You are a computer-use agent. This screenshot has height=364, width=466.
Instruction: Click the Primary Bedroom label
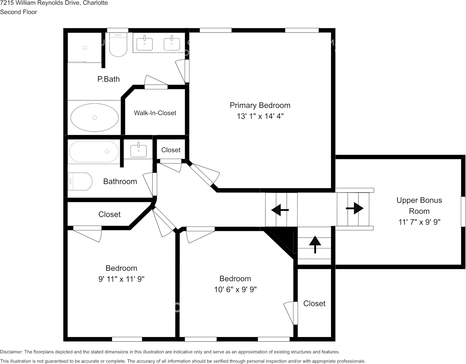[x=260, y=105]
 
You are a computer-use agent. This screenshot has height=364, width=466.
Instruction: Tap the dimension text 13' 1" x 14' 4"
[x=260, y=116]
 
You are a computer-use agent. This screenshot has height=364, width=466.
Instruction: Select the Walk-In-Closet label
[x=155, y=113]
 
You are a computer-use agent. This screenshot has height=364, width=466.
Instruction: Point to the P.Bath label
[x=109, y=79]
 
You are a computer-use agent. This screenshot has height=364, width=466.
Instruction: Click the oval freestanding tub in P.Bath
[x=95, y=117]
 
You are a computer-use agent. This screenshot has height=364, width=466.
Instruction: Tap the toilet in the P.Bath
[x=118, y=45]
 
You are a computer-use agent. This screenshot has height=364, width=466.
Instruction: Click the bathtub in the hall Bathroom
[x=94, y=152]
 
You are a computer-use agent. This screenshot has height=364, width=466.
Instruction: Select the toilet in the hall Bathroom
[x=80, y=181]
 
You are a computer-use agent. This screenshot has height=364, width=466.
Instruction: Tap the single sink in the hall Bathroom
[x=139, y=150]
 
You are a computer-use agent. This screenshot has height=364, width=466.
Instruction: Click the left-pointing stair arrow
[x=280, y=210]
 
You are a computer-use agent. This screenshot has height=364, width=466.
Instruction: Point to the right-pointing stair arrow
[x=354, y=208]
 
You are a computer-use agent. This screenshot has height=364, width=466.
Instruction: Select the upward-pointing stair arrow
[x=315, y=245]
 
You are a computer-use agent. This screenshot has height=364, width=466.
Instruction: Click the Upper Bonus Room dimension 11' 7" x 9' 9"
[x=419, y=222]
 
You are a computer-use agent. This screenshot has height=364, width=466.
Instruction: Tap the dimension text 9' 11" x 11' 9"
[x=121, y=279]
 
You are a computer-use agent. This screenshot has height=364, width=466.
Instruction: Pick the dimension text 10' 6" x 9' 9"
[x=235, y=290]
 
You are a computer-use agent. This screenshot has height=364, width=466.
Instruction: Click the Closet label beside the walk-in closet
[x=171, y=150]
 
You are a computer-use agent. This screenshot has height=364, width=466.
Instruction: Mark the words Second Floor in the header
[x=18, y=12]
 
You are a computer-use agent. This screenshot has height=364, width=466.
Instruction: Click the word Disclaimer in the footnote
[x=11, y=352]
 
